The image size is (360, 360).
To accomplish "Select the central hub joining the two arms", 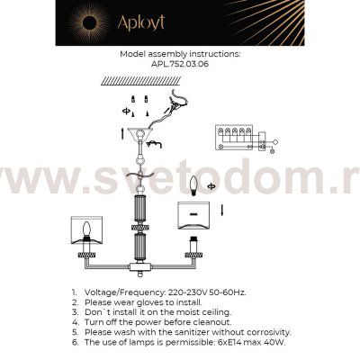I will pos(140,267).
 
